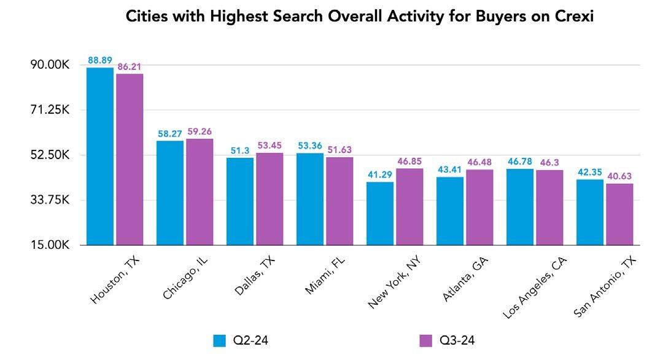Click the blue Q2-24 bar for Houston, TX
[x=99, y=156]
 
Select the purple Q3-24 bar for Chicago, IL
[x=200, y=192]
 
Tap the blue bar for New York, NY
[x=380, y=213]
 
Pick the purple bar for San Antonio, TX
[x=619, y=214]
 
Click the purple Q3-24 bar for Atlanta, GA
[x=479, y=207]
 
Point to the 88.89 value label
[x=99, y=60]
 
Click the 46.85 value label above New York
[x=409, y=161]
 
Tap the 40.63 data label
[x=619, y=176]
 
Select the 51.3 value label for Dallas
[x=240, y=151]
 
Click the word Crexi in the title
[x=575, y=17]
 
